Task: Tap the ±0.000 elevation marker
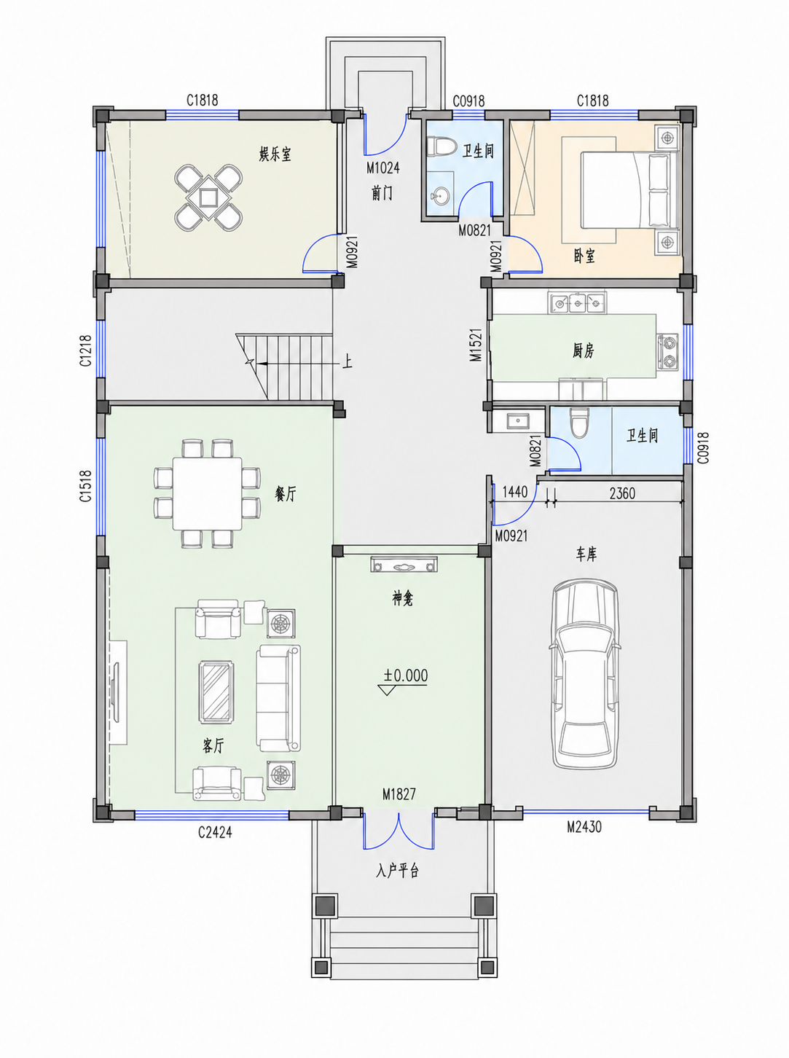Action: pos(405,675)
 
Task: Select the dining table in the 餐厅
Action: pos(207,493)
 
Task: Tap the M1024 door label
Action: pos(382,168)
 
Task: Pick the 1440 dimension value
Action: pos(515,492)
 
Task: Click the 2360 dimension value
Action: pos(622,493)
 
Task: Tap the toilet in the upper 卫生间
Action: pos(441,146)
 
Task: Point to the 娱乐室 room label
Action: pos(275,154)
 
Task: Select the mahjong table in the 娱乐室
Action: pos(208,197)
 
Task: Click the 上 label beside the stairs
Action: pos(347,361)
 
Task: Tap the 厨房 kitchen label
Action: pos(584,351)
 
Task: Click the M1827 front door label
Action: pos(399,793)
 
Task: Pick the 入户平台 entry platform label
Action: pos(397,871)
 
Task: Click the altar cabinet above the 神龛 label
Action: pos(404,565)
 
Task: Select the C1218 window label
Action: pos(85,350)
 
